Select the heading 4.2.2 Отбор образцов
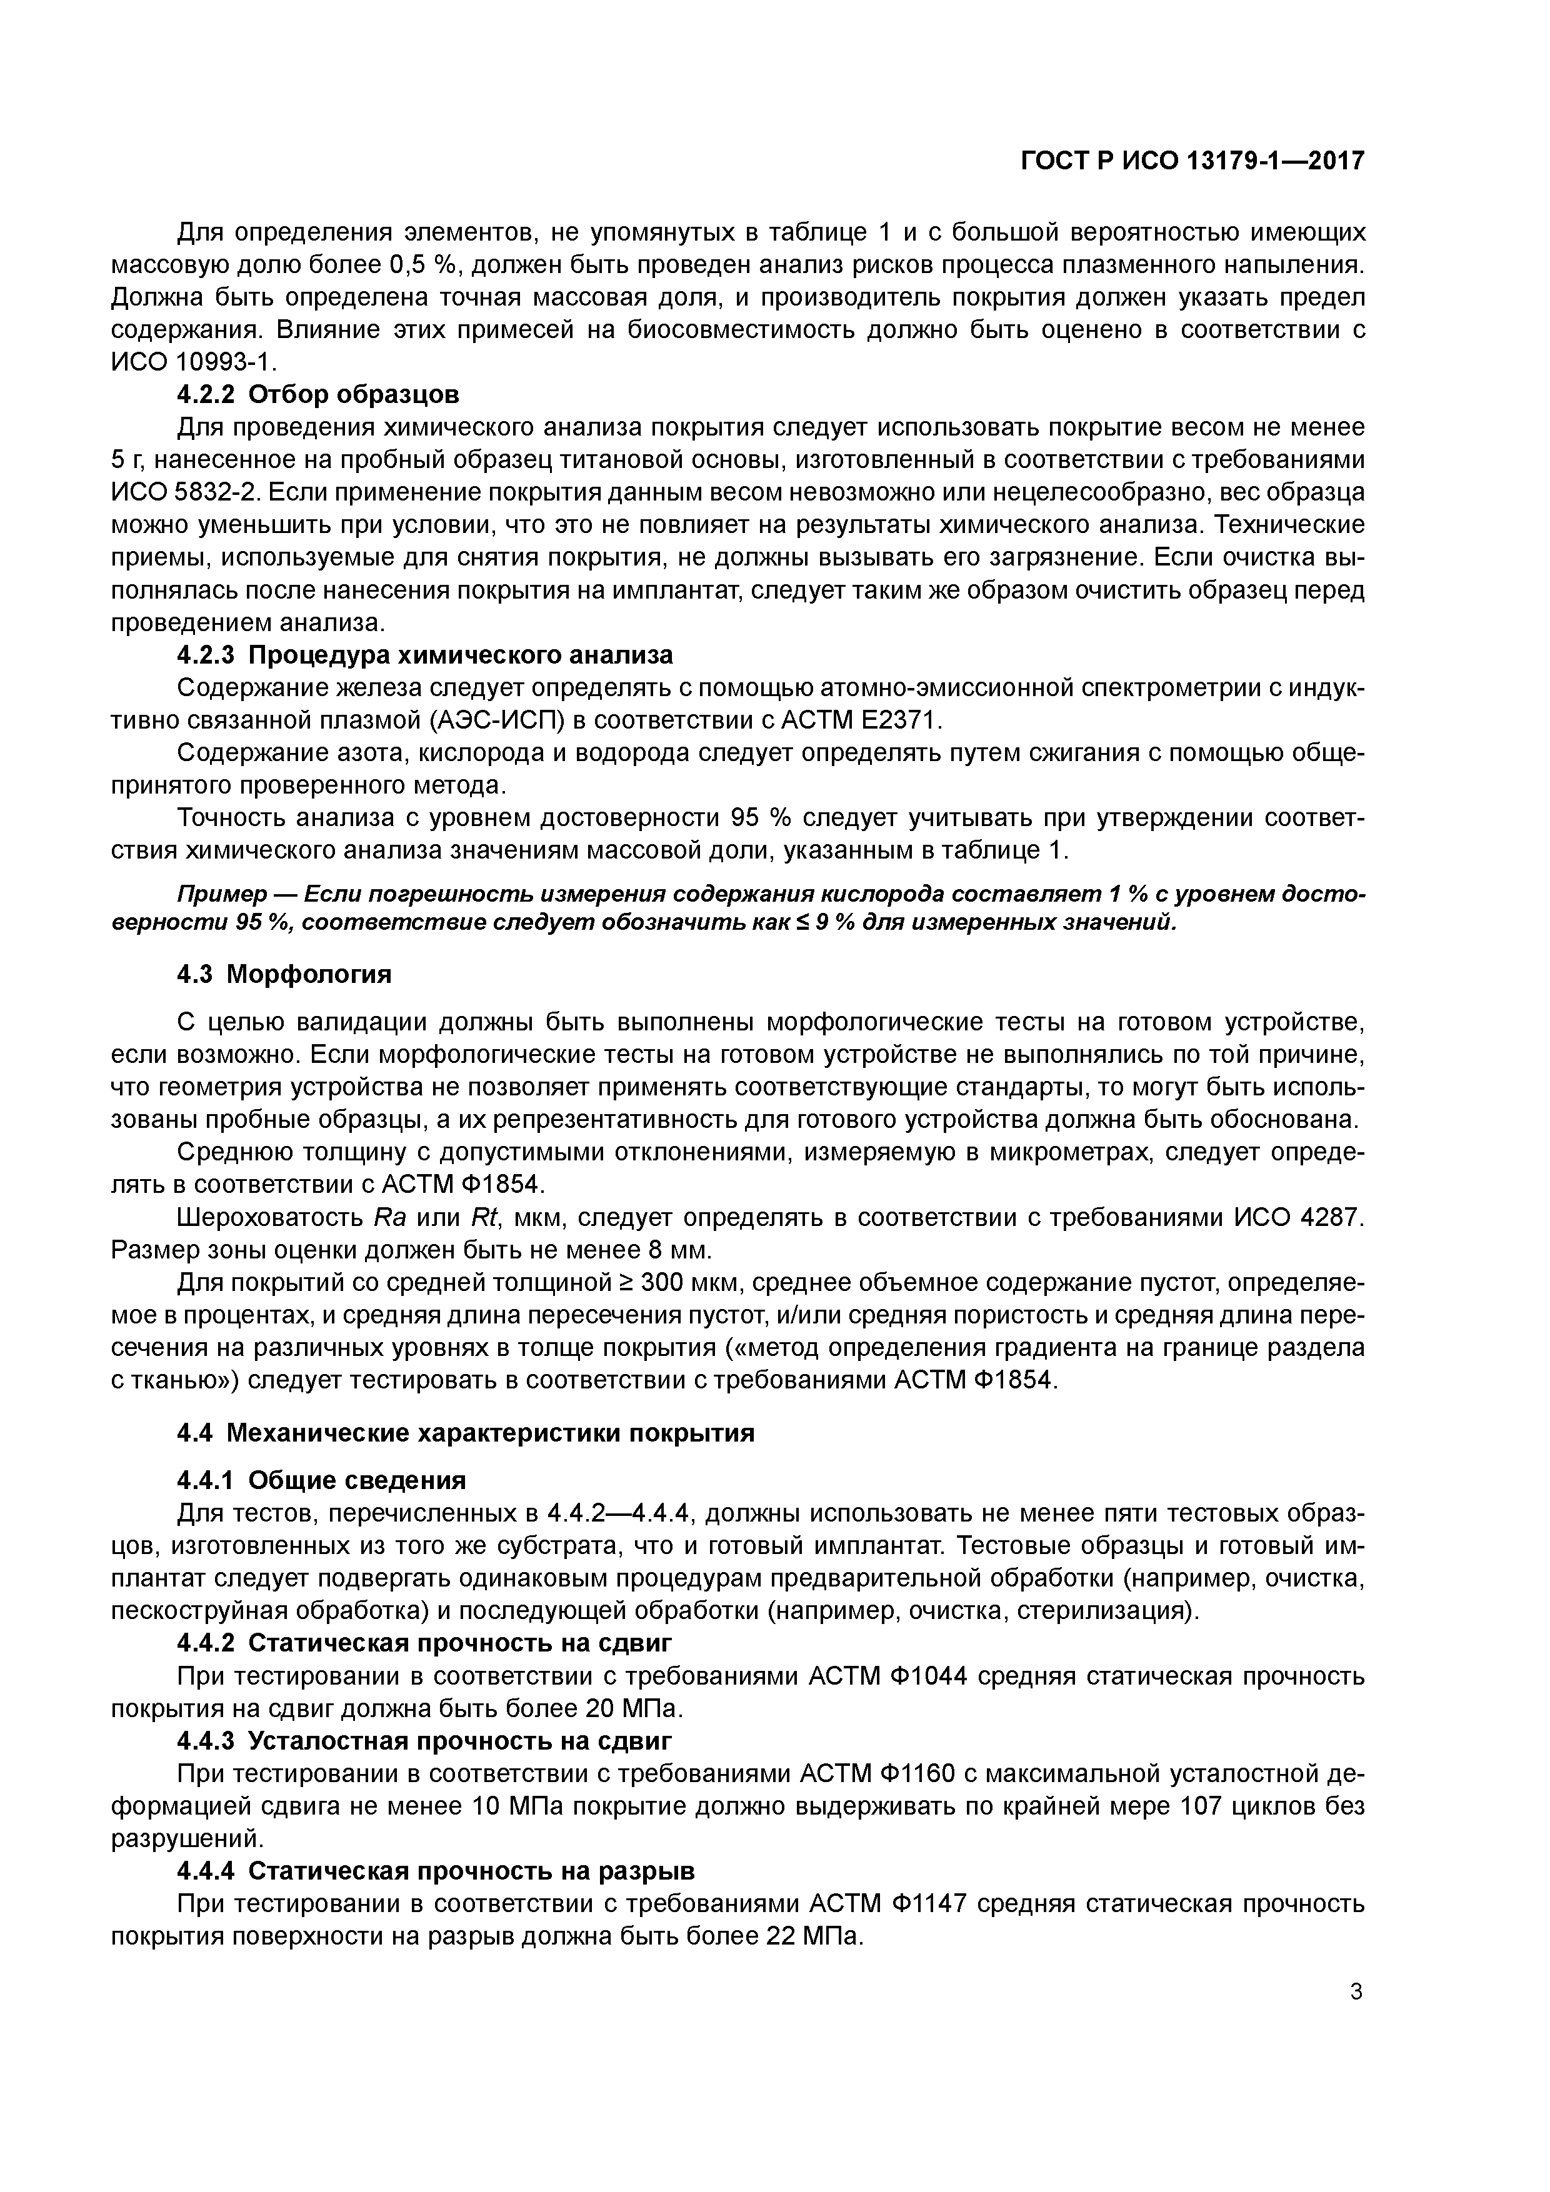pos(318,394)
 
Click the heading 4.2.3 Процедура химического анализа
pos(425,655)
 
